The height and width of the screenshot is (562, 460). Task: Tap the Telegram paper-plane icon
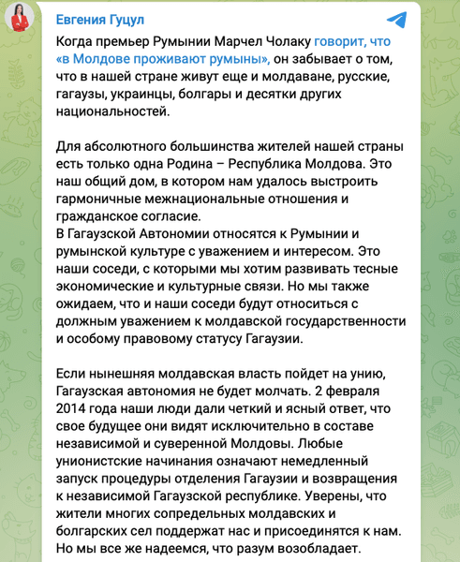[x=396, y=20]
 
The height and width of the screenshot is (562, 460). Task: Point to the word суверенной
[x=185, y=436]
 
